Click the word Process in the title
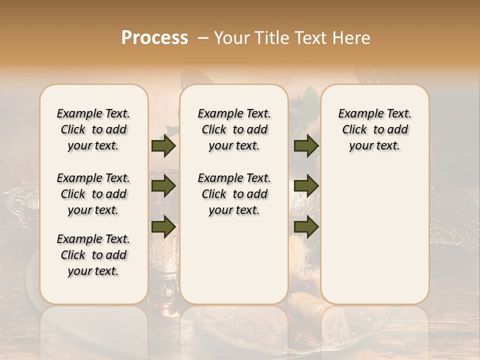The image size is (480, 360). (x=154, y=37)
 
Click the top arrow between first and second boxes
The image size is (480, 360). (x=163, y=146)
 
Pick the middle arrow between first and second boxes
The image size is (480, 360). (x=163, y=186)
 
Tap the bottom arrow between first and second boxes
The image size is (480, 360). (x=163, y=226)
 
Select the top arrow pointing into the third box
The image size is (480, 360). (x=306, y=146)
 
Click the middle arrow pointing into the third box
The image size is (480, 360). (x=306, y=186)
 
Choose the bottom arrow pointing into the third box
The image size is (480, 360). (x=306, y=226)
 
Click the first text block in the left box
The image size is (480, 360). (x=93, y=129)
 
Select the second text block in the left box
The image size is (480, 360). (x=93, y=194)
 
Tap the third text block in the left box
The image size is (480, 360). (x=93, y=255)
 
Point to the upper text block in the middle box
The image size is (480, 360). (x=234, y=129)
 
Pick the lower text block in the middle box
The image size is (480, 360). (x=234, y=194)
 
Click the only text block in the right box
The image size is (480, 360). (x=374, y=129)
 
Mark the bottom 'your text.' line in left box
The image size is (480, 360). (x=93, y=271)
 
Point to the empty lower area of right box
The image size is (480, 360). (x=374, y=235)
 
